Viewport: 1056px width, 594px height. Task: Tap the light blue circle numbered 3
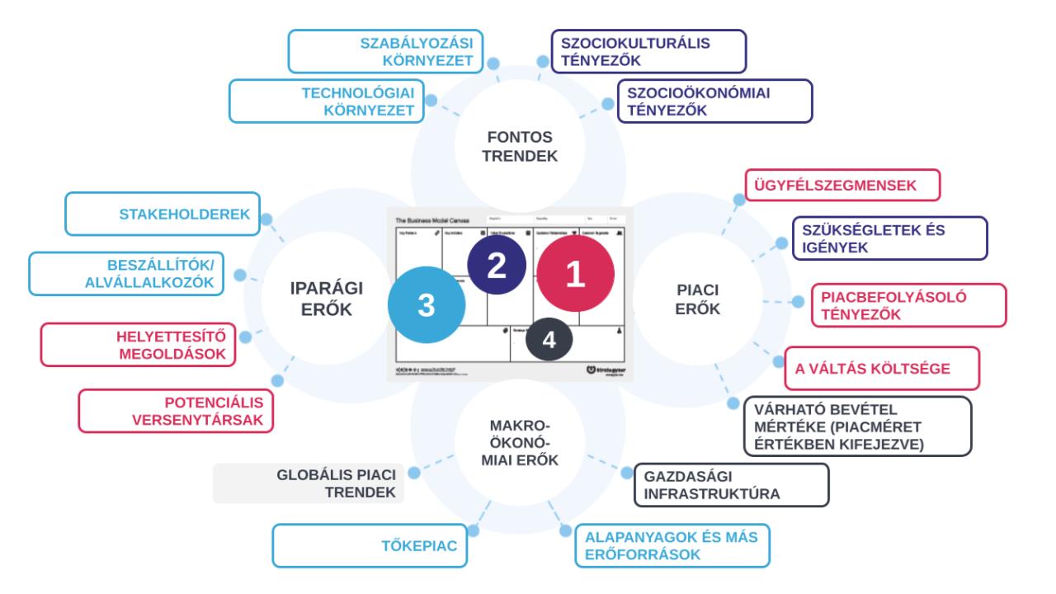coord(426,305)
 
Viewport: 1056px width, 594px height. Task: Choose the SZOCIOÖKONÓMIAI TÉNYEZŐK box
coord(714,101)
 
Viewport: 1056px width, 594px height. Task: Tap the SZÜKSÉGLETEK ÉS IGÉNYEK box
coord(889,238)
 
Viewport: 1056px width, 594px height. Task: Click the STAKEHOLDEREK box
coord(163,214)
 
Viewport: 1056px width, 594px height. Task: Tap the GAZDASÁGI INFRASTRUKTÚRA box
coord(730,484)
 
